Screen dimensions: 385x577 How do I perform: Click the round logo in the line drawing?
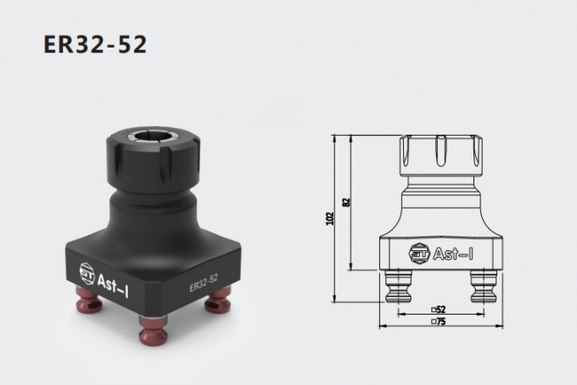tap(417, 253)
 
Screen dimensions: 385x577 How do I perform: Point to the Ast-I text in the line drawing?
tap(448, 253)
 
